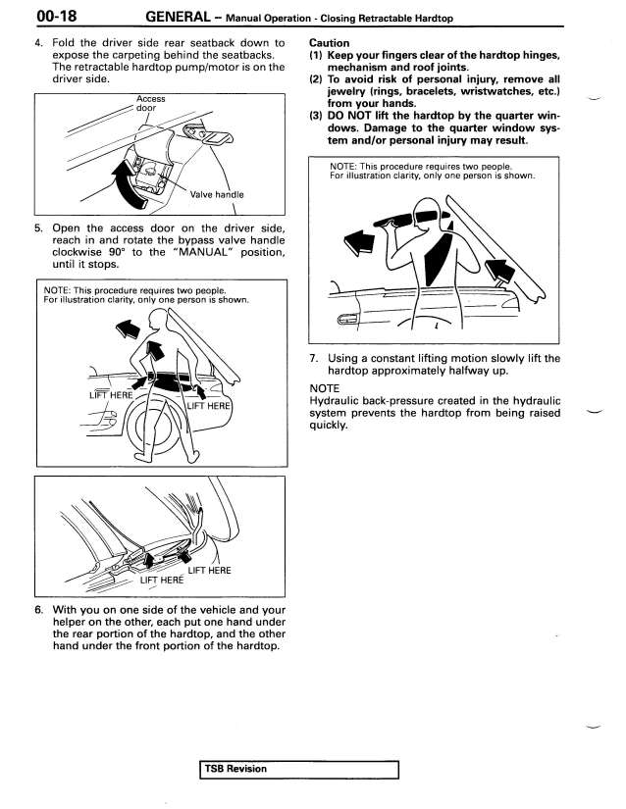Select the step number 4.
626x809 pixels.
(x=37, y=43)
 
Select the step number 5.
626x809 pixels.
(x=37, y=227)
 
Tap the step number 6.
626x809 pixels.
(x=37, y=608)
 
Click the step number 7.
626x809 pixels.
(x=312, y=358)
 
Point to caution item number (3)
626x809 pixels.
(x=316, y=116)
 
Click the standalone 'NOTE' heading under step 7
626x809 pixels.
(x=324, y=388)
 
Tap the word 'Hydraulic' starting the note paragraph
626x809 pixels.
(x=336, y=401)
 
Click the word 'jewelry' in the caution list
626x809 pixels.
(x=348, y=91)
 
